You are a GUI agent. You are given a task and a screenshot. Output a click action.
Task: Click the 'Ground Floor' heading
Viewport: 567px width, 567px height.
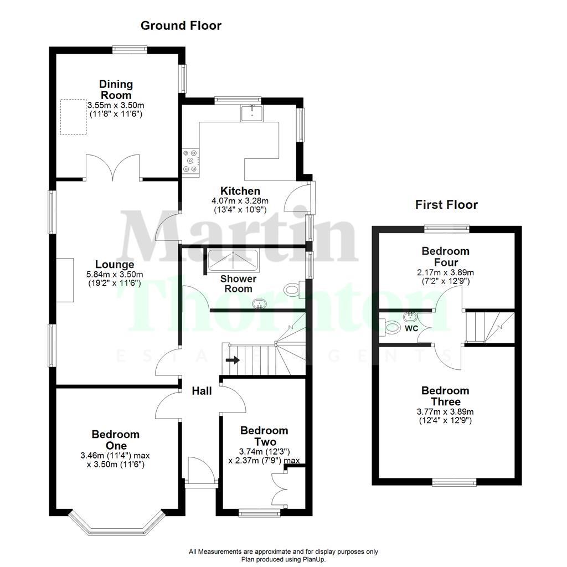181,25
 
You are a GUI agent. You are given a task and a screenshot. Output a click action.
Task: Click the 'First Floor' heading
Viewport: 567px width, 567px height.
446,205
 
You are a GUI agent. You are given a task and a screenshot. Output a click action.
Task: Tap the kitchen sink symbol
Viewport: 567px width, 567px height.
252,113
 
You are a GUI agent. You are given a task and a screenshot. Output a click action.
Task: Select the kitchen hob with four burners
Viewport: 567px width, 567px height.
190,161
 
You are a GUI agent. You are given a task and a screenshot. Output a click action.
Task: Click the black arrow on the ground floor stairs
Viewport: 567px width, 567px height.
233,360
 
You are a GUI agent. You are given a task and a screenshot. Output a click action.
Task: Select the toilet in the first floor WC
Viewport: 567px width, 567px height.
393,328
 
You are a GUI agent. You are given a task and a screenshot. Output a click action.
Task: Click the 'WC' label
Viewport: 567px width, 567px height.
411,328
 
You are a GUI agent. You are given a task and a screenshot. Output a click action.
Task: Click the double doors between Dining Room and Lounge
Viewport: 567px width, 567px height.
114,168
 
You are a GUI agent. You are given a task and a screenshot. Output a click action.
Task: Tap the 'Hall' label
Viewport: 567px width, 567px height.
202,391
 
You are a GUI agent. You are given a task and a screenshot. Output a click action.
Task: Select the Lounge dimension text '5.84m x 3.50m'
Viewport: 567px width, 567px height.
115,275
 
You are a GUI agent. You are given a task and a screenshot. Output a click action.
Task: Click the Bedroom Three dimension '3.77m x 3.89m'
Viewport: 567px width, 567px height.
445,411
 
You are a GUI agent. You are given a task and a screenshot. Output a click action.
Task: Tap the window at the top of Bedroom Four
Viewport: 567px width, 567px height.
447,228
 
